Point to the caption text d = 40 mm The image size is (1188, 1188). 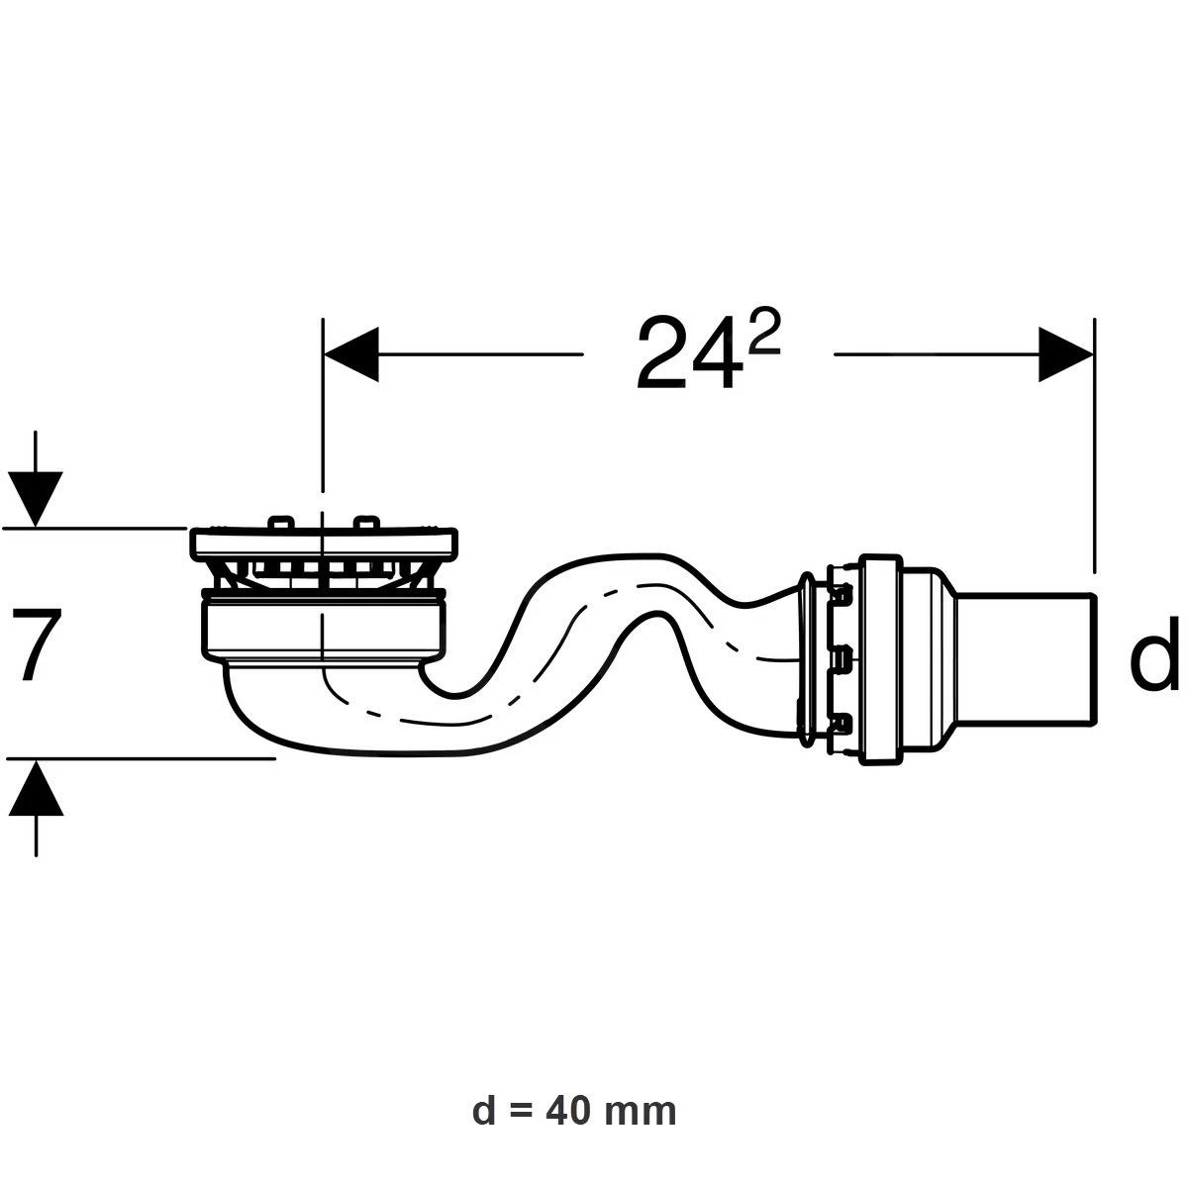[574, 1112]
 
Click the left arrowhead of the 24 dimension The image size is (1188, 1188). [351, 353]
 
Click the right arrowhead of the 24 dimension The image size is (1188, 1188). [1065, 353]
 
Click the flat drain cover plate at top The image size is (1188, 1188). [324, 541]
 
